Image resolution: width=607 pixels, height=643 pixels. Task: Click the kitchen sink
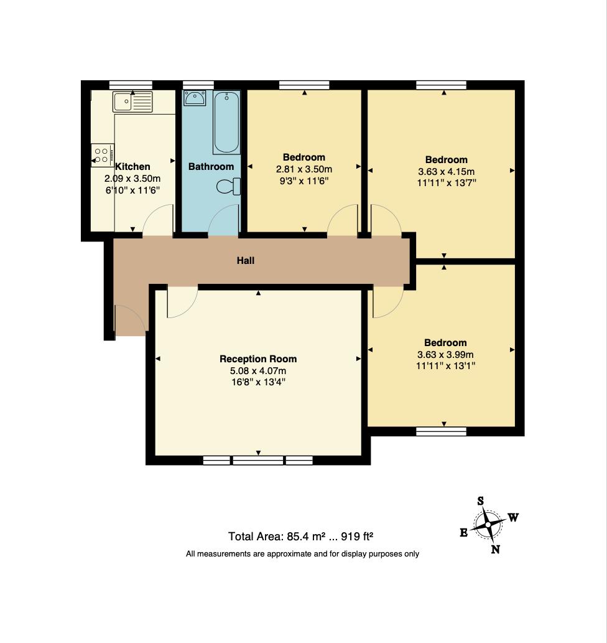[132, 101]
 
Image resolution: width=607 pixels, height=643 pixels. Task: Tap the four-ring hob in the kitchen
[102, 155]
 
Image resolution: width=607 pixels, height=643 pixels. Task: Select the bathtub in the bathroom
[226, 122]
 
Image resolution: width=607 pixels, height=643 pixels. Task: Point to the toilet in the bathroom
[228, 187]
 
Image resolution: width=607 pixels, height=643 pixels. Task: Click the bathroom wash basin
[195, 98]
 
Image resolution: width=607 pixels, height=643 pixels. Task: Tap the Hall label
[246, 260]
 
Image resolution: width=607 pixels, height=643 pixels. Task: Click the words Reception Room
[258, 359]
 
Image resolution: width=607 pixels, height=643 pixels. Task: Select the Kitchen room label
[132, 166]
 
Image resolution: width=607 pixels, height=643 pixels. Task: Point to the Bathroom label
[211, 166]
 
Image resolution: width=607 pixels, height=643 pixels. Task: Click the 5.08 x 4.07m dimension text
[258, 371]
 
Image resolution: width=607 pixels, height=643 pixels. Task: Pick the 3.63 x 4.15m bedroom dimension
[446, 171]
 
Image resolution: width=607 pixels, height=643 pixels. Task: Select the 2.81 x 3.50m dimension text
[304, 169]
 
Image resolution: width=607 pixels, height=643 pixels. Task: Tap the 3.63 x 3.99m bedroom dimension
[445, 354]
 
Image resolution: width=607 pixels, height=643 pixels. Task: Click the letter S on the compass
[480, 500]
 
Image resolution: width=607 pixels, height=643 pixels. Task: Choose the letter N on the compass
[495, 549]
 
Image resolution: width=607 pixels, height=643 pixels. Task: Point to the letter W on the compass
[514, 517]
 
